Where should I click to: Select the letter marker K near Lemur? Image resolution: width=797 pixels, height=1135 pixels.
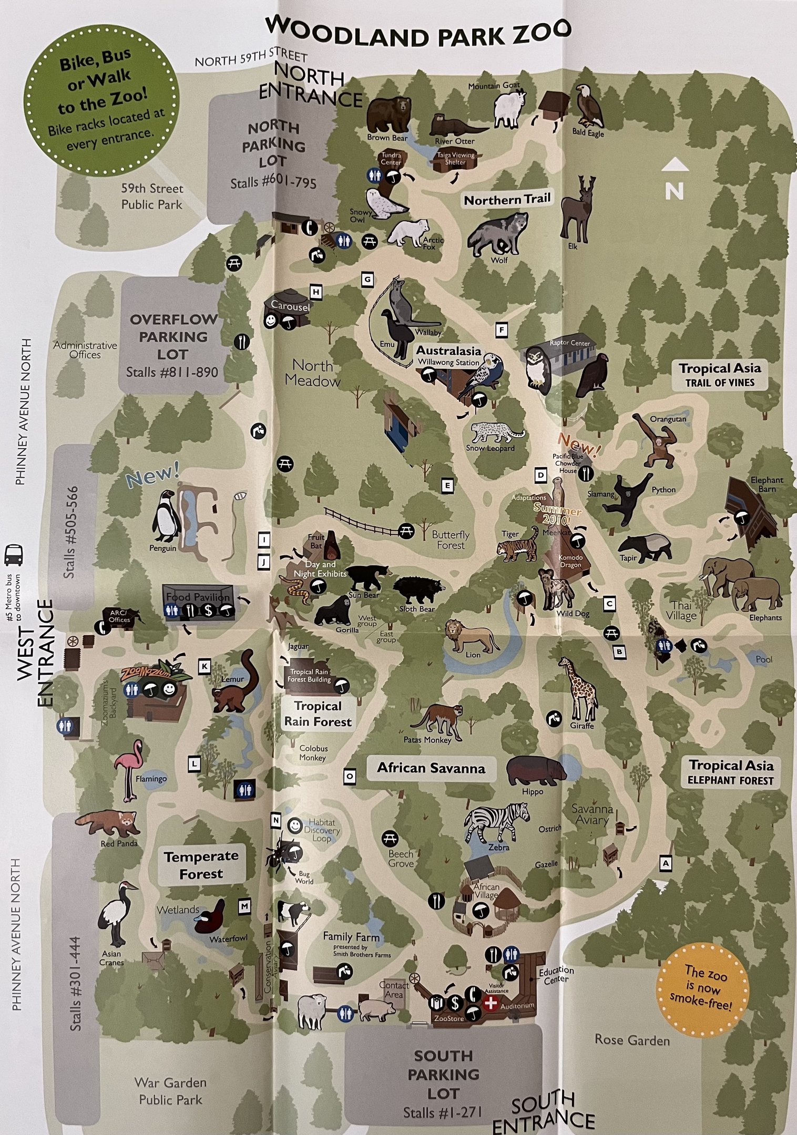point(205,667)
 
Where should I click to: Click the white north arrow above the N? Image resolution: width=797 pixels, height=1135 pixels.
point(675,166)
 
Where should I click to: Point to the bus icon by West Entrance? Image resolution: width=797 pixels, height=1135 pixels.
point(14,555)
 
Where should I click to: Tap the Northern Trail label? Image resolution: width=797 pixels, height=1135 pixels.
point(507,199)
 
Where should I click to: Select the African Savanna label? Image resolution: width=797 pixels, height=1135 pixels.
point(431,768)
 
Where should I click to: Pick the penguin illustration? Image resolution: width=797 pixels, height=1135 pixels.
point(166,516)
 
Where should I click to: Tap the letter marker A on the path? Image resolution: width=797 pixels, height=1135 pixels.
point(666,862)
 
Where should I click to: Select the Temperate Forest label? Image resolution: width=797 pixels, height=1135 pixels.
point(201,864)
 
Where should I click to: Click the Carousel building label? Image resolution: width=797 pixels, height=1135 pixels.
point(290,306)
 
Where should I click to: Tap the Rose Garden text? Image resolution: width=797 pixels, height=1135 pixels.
point(632,1040)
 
